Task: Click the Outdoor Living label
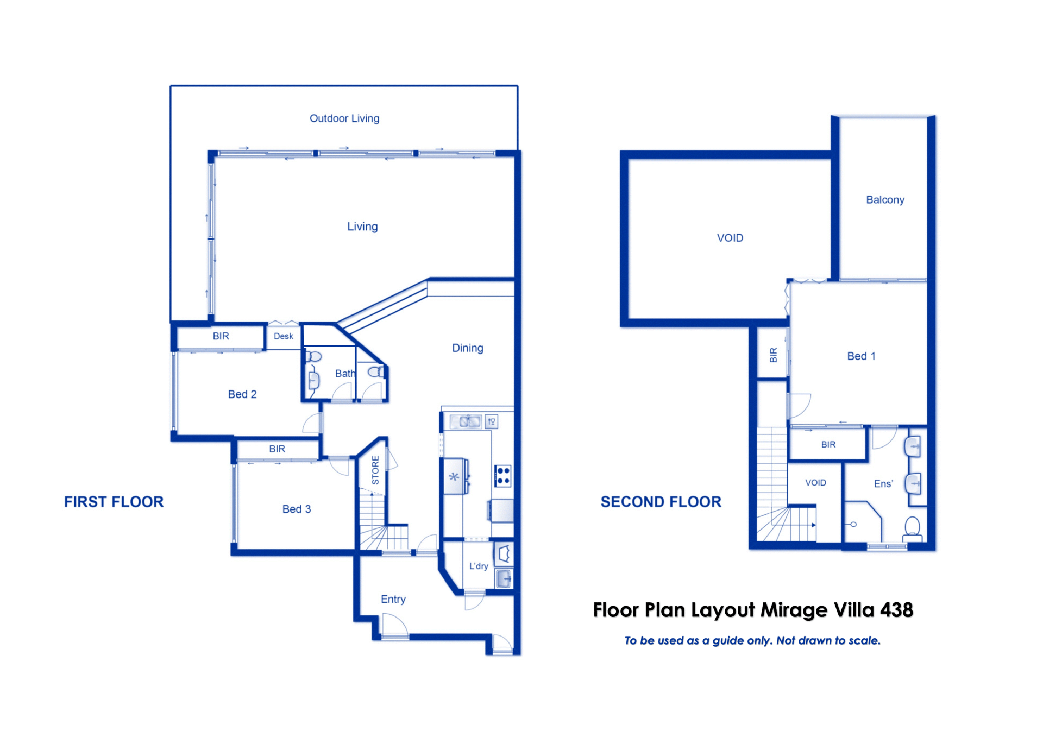click(344, 118)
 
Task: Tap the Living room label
click(362, 226)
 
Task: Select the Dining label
click(468, 348)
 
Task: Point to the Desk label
click(284, 336)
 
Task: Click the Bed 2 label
click(242, 394)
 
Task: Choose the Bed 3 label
click(297, 509)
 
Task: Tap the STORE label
click(375, 470)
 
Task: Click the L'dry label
click(479, 566)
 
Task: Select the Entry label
click(393, 599)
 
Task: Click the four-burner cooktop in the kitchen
click(502, 475)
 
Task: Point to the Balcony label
click(885, 200)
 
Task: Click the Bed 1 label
click(861, 356)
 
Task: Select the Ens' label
click(883, 483)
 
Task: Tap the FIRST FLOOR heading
click(114, 502)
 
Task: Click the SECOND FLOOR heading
click(661, 502)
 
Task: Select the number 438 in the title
click(896, 610)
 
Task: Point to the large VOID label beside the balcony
click(730, 238)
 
